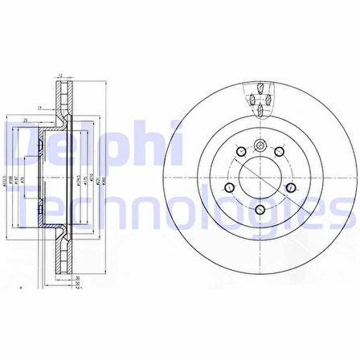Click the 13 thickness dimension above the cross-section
pos(61,76)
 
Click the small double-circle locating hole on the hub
pos(260,145)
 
